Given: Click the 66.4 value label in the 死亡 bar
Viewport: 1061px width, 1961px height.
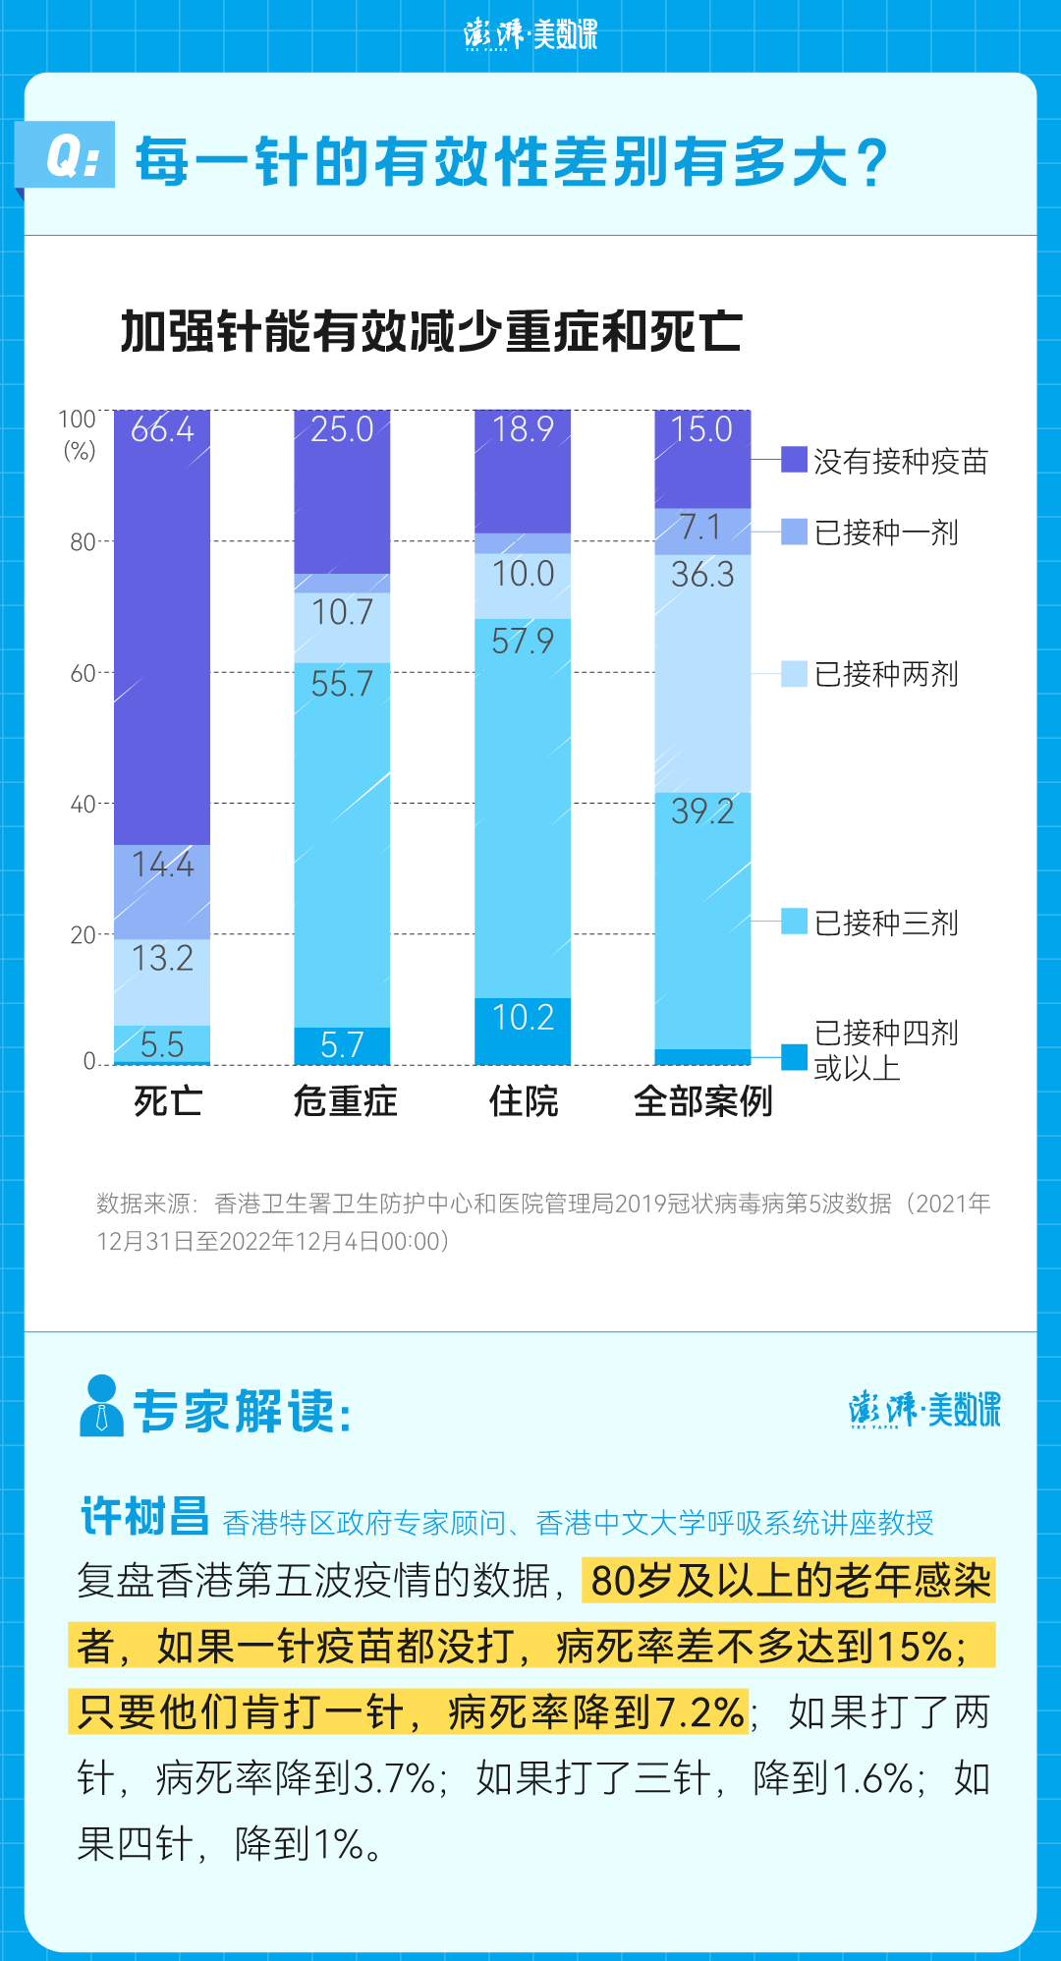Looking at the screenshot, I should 162,429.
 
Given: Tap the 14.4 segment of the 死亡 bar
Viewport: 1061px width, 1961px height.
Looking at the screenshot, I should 162,890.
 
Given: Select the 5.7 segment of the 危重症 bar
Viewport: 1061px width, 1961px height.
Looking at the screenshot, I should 342,1045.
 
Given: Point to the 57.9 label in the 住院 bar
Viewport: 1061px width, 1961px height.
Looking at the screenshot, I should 523,642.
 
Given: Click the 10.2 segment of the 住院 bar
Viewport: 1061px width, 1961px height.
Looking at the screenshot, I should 523,1030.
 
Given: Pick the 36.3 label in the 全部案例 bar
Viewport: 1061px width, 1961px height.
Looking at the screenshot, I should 702,575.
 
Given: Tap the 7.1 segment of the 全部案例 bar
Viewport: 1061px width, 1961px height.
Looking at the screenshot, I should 702,531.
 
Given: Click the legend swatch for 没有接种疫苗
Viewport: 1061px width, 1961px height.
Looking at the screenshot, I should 794,459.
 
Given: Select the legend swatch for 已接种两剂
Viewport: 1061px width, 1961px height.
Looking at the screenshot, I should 794,673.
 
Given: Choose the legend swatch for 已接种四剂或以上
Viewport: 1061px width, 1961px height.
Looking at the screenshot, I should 794,1057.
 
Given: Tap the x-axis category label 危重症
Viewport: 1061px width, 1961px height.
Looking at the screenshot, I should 345,1101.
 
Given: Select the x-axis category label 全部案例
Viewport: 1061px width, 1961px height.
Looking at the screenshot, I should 703,1101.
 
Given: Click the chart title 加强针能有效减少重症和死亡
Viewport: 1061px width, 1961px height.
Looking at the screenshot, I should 430,331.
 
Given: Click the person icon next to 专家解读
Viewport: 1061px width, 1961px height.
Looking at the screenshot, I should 101,1406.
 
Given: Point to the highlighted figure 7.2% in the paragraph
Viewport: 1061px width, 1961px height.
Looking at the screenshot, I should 699,1712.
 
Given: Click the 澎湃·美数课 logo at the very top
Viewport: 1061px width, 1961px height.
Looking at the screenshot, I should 530,34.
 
